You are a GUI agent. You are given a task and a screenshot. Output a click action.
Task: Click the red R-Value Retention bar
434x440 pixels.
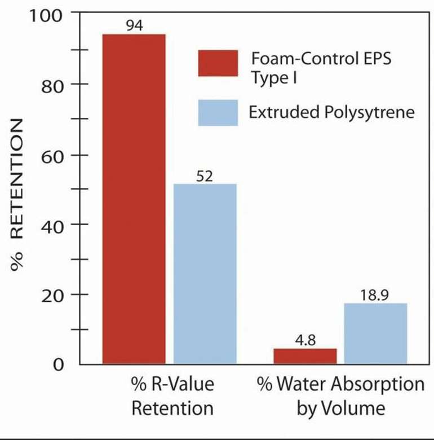point(134,199)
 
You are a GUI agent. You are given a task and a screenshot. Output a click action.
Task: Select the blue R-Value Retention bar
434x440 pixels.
point(205,274)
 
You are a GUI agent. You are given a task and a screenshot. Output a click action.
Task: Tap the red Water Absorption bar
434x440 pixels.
point(305,357)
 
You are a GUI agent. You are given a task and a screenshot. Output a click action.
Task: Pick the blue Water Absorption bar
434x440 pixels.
point(375,333)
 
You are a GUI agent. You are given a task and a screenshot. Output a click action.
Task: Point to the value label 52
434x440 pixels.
point(204,177)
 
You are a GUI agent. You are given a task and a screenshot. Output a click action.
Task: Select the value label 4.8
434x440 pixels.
point(304,341)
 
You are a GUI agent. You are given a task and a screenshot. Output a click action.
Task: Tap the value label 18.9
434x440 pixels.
point(375,295)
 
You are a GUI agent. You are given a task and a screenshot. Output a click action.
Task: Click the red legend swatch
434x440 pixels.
point(218,63)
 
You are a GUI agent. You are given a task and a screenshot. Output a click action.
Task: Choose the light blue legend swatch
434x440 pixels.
point(218,113)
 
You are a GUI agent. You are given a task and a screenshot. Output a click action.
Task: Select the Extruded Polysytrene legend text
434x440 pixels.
point(331,112)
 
